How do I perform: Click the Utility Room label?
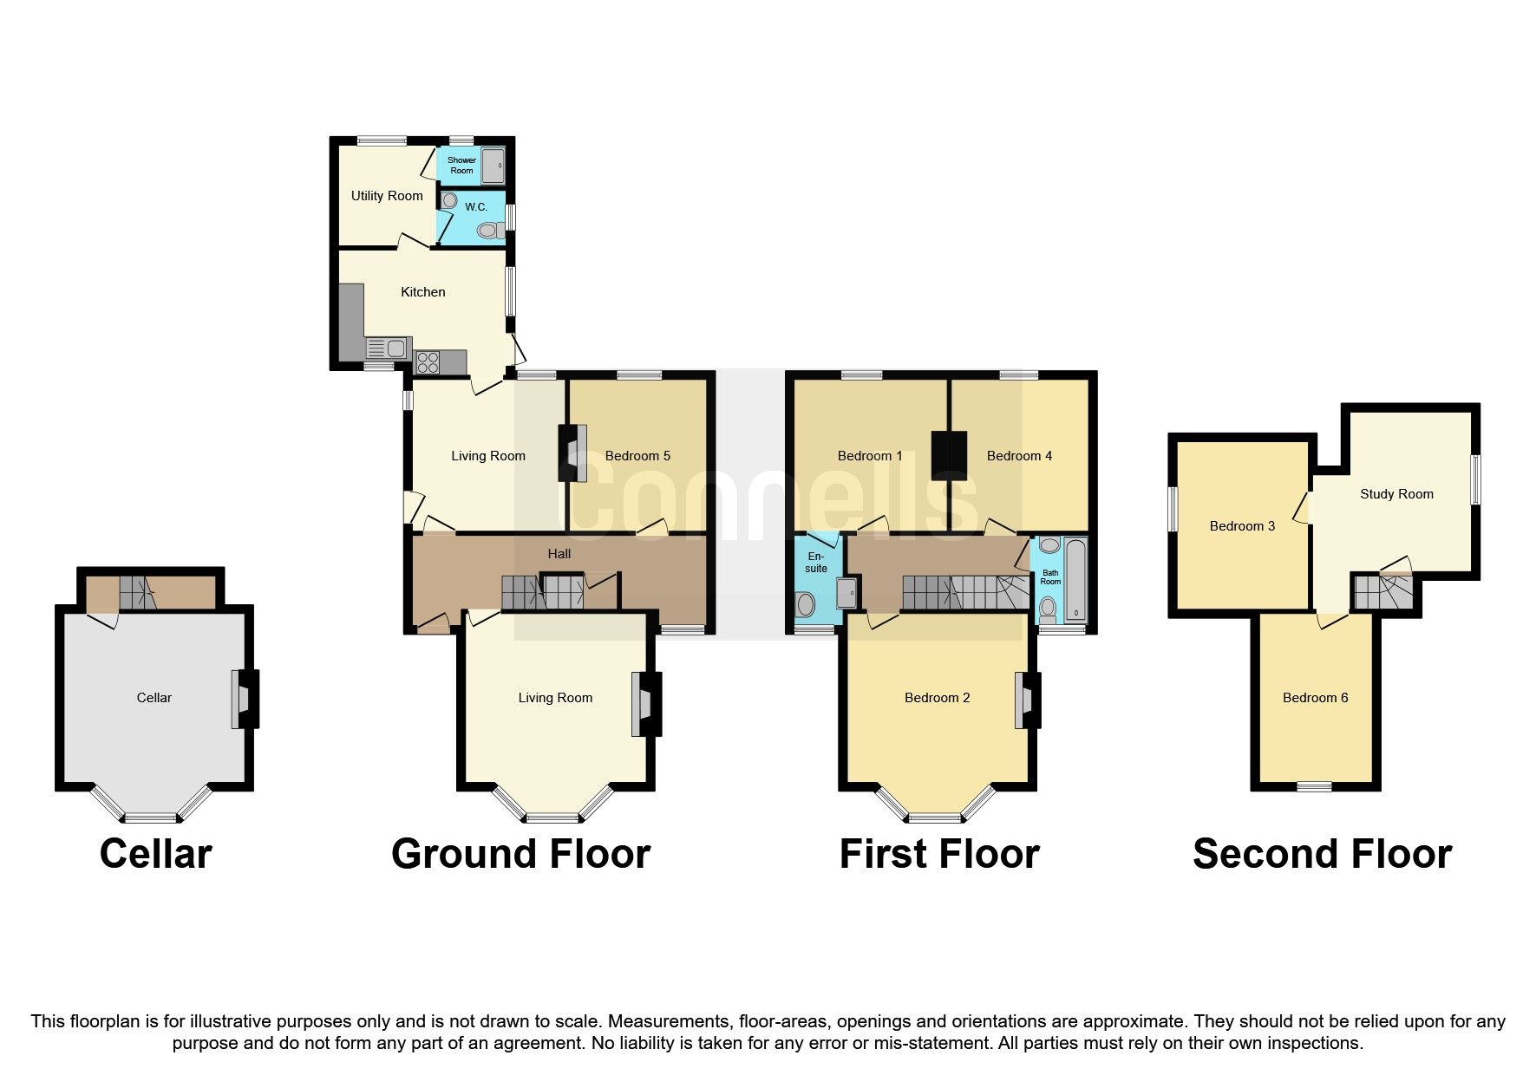387,196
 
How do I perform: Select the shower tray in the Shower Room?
493,165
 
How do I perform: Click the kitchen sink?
388,349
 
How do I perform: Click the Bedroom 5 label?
637,456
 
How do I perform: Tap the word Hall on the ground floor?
559,554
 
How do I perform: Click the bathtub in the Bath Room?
1075,578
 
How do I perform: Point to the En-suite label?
816,563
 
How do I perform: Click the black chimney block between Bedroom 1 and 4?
950,455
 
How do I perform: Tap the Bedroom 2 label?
937,698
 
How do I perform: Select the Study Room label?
1396,494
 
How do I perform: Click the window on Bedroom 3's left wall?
1173,509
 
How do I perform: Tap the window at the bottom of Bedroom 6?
1314,786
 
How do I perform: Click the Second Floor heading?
1322,854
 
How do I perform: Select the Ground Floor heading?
520,854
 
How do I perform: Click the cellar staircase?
135,592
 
